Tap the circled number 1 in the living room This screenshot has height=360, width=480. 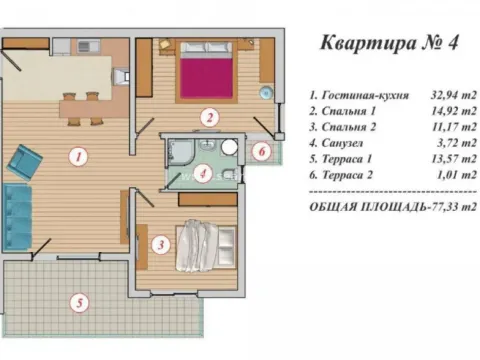click(76, 156)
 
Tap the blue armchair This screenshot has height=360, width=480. click(25, 159)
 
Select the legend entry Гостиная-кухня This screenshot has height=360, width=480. click(359, 95)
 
